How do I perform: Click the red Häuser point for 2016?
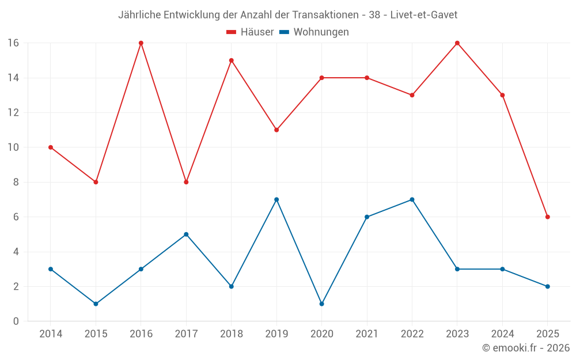point(141,43)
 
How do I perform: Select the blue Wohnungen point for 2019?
point(276,200)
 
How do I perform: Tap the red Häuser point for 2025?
point(548,217)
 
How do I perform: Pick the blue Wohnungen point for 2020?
point(321,304)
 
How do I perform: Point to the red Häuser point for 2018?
point(232,60)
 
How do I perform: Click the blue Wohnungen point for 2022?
point(412,200)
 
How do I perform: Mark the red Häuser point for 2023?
point(457,43)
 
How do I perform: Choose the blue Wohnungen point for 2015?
point(96,304)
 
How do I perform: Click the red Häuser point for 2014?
point(51,147)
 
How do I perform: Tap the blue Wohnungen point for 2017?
point(186,234)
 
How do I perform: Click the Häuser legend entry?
point(250,32)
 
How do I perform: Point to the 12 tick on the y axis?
point(13,113)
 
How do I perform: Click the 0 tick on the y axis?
point(16,321)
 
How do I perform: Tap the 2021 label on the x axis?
point(367,334)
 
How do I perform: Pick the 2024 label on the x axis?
point(502,334)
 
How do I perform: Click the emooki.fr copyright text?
point(525,348)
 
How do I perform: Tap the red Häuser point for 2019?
point(276,130)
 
